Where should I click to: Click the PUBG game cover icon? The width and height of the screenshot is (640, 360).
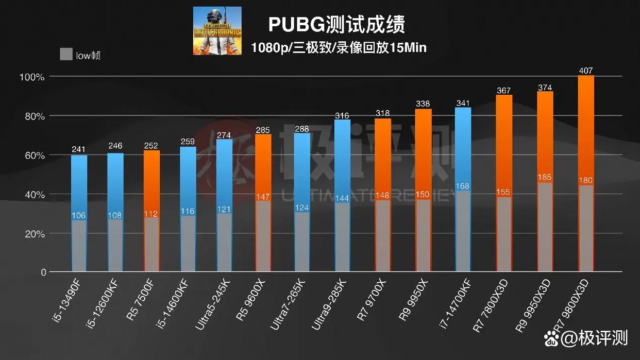[217, 30]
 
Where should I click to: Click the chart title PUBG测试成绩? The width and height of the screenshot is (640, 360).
[336, 24]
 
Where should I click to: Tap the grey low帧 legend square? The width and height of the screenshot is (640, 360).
[66, 54]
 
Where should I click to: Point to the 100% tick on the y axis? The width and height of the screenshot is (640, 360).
[32, 77]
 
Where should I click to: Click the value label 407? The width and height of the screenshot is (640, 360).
[586, 71]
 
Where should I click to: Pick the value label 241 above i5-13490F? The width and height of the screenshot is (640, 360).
[79, 149]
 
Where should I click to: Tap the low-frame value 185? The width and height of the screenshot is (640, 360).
[545, 177]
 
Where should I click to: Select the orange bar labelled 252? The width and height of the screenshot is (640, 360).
[152, 183]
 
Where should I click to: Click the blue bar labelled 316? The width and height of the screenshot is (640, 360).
[342, 160]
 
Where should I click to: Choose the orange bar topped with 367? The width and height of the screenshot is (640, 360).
[504, 144]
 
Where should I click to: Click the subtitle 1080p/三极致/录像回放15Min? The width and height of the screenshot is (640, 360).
[339, 48]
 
